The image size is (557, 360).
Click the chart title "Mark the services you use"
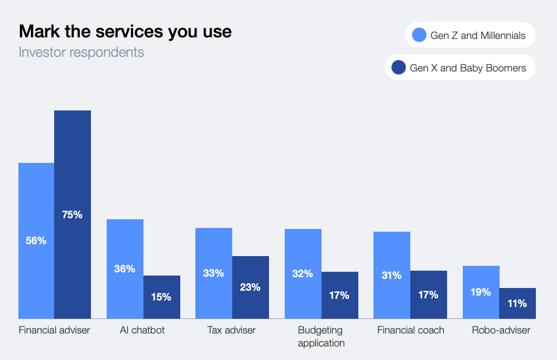click(x=125, y=31)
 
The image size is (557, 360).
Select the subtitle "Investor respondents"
click(x=81, y=53)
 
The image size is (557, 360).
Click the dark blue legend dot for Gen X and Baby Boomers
click(x=399, y=68)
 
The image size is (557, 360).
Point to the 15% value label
click(x=161, y=297)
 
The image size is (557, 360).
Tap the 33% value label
click(x=213, y=273)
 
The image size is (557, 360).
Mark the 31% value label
click(x=391, y=275)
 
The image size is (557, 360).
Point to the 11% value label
click(x=517, y=304)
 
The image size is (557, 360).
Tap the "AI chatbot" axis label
click(x=142, y=330)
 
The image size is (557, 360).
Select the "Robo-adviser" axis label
click(x=501, y=330)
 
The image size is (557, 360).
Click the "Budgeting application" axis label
click(x=320, y=336)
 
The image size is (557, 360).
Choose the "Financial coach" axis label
click(x=410, y=330)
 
